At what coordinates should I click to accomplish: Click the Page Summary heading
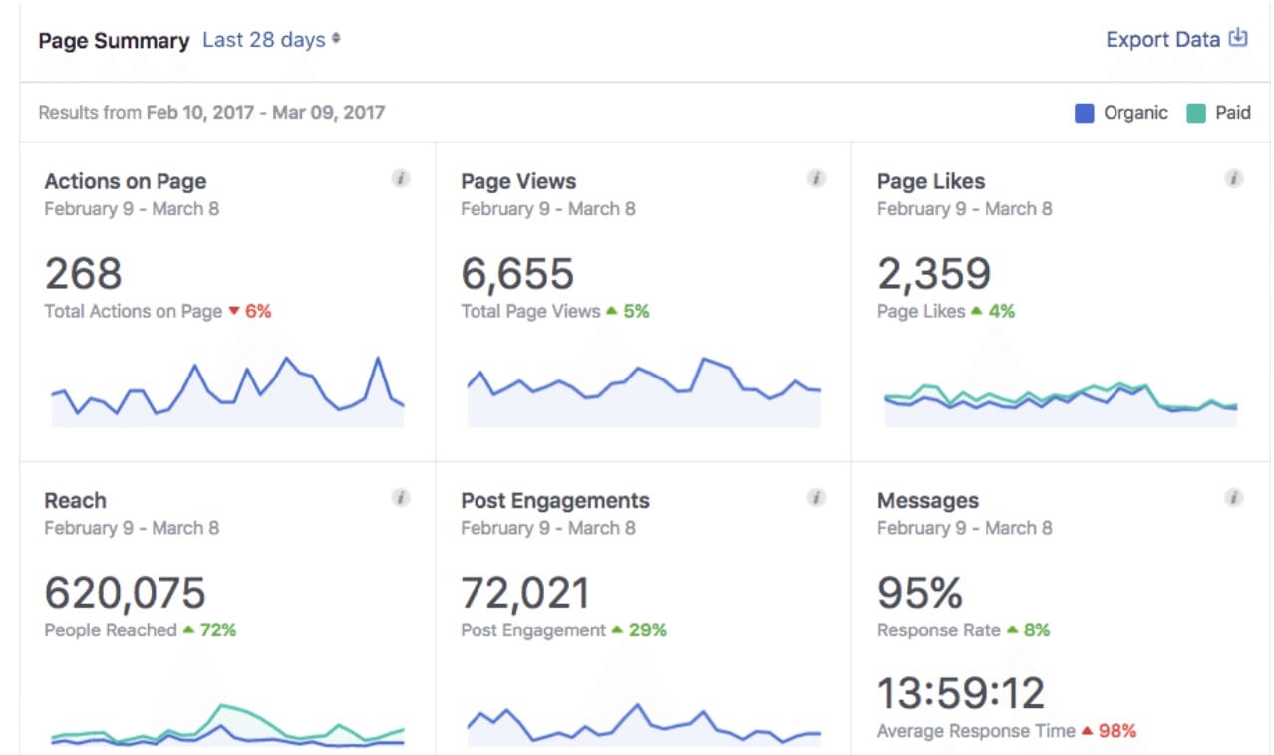[114, 41]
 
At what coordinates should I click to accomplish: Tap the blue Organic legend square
[1085, 113]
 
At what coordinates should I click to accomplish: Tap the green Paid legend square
[1196, 113]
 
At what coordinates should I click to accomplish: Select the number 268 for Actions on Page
[83, 274]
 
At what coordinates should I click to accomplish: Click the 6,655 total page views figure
[517, 274]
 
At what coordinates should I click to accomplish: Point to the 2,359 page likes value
[934, 274]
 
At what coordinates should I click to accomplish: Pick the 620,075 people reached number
[125, 593]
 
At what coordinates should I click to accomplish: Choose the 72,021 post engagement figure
[525, 593]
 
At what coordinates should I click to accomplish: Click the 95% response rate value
[920, 593]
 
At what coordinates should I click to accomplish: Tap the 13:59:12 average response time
[961, 693]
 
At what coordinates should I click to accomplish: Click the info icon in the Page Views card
[816, 179]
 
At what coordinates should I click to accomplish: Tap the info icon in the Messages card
[1233, 498]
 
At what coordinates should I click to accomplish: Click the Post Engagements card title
[554, 500]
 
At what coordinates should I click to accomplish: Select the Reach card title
[75, 500]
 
